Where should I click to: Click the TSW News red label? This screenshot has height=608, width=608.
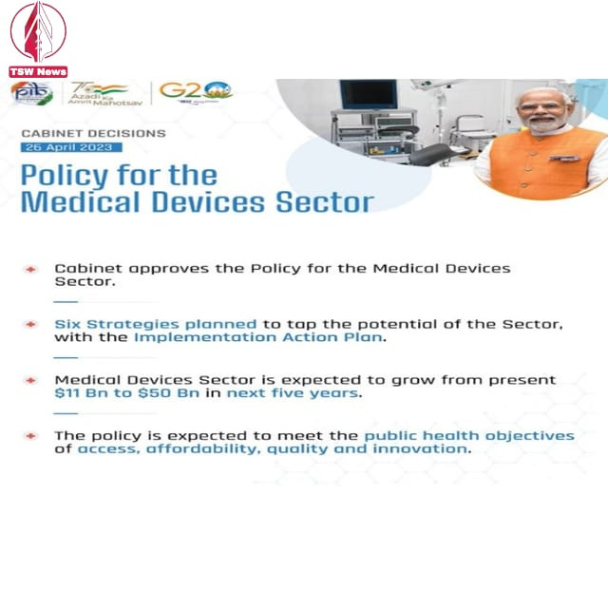point(38,71)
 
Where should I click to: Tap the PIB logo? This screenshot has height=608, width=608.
point(32,93)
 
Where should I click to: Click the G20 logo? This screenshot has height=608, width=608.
point(195,91)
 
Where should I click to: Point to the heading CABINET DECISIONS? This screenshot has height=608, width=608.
point(93,134)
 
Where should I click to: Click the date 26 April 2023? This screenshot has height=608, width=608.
point(71,147)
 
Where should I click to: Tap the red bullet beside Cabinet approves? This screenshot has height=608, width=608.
point(31,269)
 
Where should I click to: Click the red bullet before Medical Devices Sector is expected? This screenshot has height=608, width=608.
point(31,380)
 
